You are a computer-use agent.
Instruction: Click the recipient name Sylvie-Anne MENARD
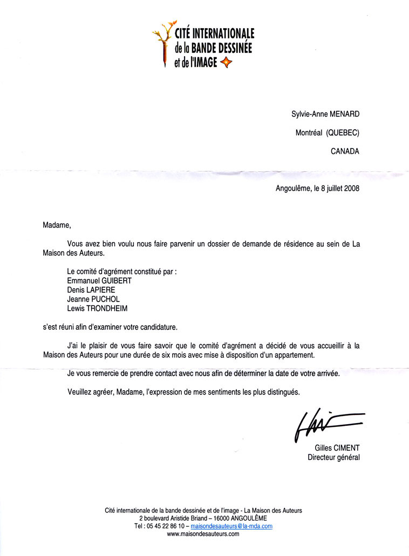[325, 113]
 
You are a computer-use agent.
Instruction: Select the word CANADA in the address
[345, 152]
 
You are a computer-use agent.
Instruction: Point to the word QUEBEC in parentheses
[343, 133]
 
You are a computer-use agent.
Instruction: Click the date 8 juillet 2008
[337, 189]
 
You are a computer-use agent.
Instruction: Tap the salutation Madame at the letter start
[56, 225]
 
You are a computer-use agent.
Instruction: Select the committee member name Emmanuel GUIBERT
[99, 281]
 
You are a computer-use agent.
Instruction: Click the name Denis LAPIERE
[91, 290]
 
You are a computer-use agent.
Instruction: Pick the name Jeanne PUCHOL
[93, 299]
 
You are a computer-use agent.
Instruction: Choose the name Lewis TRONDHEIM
[97, 309]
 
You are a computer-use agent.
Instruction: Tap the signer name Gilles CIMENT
[337, 448]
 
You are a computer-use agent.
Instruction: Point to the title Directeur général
[333, 458]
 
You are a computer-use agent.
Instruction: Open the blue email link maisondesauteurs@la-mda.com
[231, 526]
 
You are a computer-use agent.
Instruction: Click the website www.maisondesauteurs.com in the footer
[203, 534]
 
